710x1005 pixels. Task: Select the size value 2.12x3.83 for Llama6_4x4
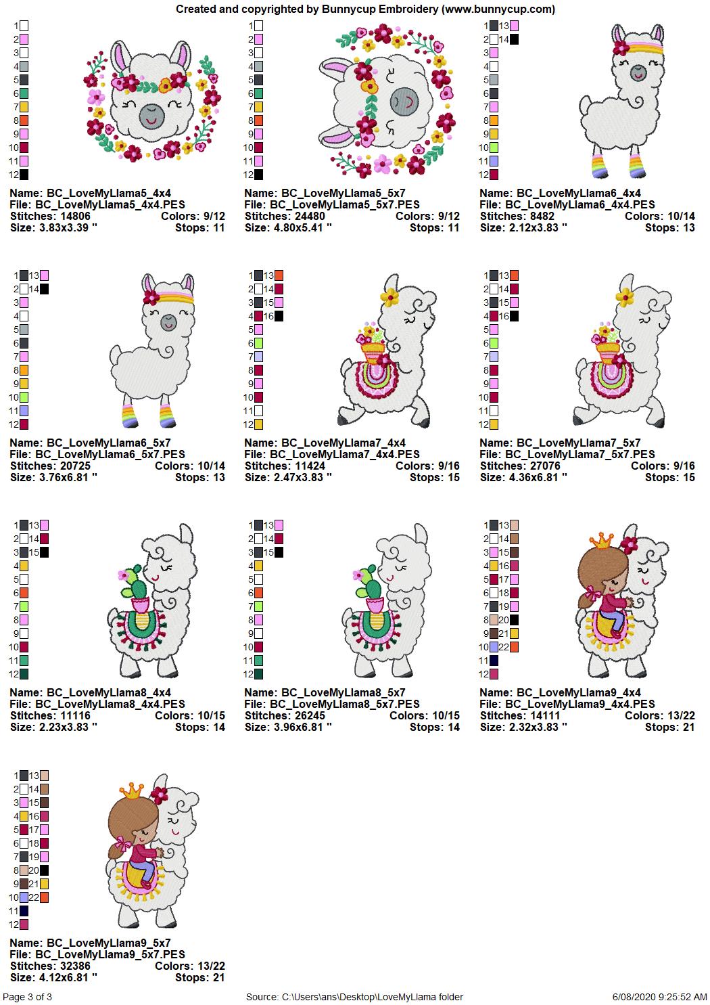click(534, 227)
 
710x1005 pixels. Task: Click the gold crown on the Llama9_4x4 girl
click(600, 541)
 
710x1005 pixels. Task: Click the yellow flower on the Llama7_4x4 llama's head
click(390, 295)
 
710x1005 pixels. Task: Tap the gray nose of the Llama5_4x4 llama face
click(151, 116)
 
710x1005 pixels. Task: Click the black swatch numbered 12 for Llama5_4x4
click(24, 175)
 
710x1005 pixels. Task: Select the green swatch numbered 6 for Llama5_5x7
click(258, 93)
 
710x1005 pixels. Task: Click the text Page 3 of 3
click(27, 997)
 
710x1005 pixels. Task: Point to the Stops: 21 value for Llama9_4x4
click(669, 727)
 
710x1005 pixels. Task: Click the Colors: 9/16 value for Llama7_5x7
click(663, 466)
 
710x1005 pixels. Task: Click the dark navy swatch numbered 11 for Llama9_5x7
click(24, 911)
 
